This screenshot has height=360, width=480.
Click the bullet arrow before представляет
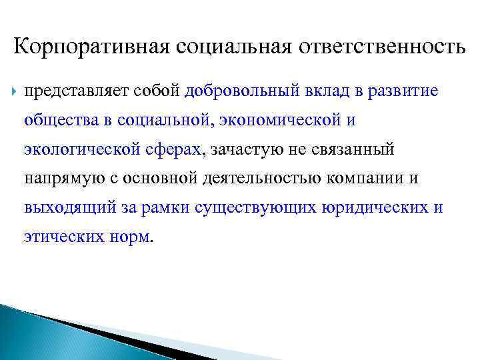15,91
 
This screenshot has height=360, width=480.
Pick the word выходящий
61,208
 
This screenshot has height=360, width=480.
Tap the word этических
61,237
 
